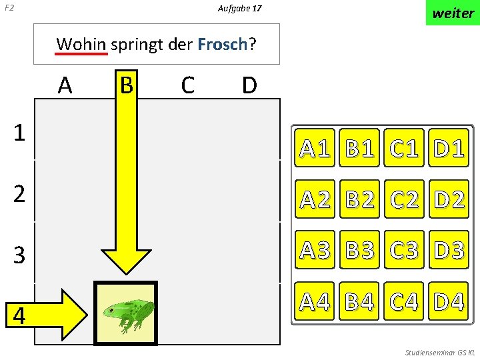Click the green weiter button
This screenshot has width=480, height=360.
coord(453,13)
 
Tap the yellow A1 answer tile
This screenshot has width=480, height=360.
coord(316,148)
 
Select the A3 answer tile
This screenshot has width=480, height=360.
coord(316,250)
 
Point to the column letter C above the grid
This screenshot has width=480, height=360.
coord(187,85)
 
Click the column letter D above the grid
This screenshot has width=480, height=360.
coord(249,85)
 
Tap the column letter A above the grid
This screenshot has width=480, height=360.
coord(65,85)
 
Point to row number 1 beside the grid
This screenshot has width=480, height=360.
coord(20,133)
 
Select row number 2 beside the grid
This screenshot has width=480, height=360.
coord(20,194)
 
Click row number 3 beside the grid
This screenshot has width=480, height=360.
coord(20,254)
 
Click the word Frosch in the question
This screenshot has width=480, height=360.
coord(222,45)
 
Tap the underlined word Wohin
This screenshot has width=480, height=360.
coord(81,45)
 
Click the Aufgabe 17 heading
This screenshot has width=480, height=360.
coord(239,9)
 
